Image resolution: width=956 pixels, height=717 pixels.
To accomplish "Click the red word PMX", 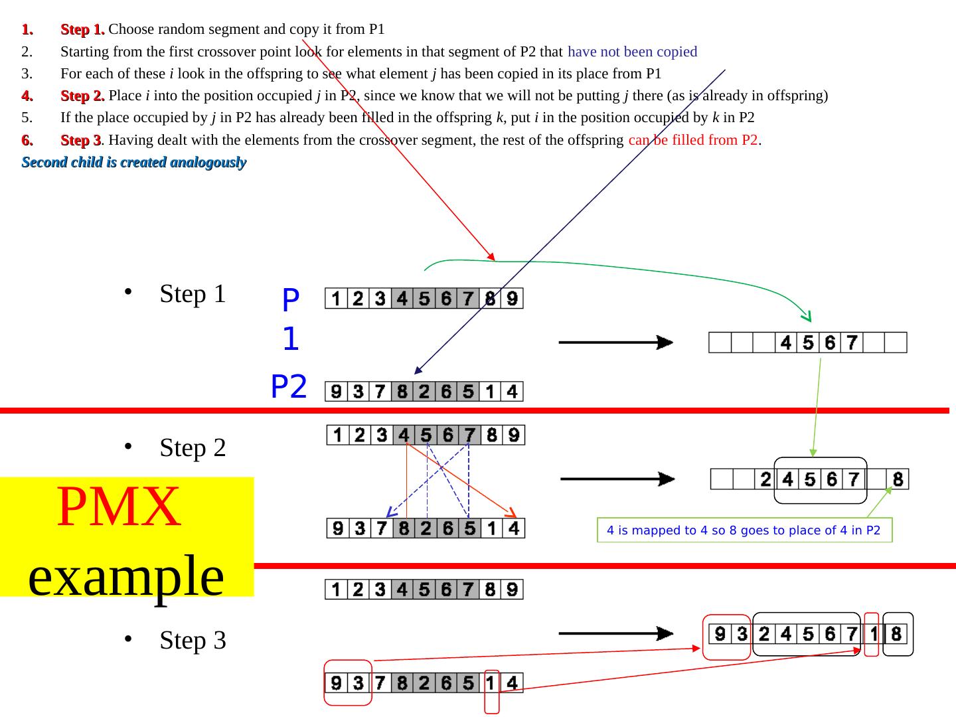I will tap(119, 507).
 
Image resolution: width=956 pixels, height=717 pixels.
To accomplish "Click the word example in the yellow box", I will tap(126, 575).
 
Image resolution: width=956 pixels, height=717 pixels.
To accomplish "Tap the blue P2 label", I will tap(289, 386).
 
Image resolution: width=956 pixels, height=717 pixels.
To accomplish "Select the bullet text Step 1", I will tap(193, 293).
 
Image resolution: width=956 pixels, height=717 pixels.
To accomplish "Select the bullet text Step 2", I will tap(193, 448).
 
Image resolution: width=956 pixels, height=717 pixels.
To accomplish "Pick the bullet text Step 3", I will tap(193, 641).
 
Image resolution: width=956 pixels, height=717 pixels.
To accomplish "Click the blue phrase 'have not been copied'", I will tap(632, 52).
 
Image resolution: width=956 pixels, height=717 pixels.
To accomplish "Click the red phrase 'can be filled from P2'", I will tap(693, 140).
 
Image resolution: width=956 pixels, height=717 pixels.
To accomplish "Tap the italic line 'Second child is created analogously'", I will tap(134, 163).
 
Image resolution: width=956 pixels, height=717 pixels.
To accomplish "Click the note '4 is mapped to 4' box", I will tap(744, 530).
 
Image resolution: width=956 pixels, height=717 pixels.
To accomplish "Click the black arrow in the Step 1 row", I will tap(615, 343).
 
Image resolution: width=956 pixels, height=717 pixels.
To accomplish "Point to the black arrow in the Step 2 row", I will tap(617, 479).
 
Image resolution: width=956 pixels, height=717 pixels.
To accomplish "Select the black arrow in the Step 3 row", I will tap(615, 634).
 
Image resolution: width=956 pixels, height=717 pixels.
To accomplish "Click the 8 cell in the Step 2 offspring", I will tap(898, 479).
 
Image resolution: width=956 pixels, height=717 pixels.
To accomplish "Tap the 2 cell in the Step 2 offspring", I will tap(765, 479).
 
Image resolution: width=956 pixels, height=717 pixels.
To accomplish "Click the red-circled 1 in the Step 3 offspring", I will tap(873, 635).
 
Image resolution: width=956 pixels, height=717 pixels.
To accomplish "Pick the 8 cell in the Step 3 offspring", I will tap(896, 635).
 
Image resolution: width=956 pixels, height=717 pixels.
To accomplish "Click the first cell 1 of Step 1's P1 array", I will tap(336, 299).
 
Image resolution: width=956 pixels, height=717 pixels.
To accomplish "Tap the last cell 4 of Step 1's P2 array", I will tap(512, 392).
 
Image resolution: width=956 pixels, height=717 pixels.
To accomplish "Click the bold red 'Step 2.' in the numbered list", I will tap(82, 96).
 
